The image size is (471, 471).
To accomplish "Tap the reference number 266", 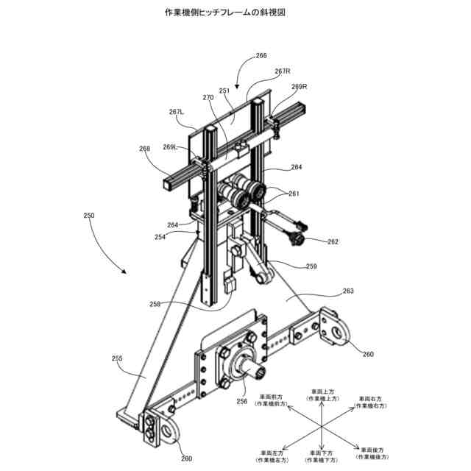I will [x=261, y=55].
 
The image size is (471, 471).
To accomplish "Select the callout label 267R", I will [x=283, y=71].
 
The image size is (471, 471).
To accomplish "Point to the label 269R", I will [x=299, y=87].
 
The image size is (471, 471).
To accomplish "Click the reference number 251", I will [x=224, y=91].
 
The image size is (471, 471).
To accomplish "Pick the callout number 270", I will [x=208, y=97].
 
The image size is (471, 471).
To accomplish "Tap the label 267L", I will [x=177, y=112].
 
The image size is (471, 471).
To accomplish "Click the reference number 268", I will [x=144, y=148].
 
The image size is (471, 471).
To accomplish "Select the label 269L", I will [x=171, y=146].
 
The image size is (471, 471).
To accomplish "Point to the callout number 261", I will [x=294, y=194].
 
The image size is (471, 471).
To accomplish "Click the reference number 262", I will [x=333, y=241].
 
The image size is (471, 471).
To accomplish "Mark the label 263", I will [x=347, y=291].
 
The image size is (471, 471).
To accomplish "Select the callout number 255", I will [x=117, y=359].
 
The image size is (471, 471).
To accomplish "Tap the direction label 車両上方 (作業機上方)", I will [x=322, y=393].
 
